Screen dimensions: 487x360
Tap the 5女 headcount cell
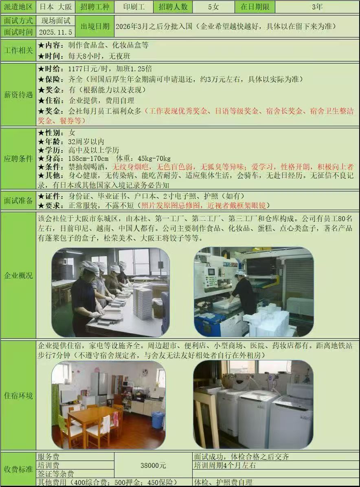(213, 7)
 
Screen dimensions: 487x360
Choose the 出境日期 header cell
(95, 26)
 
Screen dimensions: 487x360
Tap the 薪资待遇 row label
(18, 95)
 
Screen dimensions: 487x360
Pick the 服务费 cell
(48, 457)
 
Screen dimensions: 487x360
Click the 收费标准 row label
(18, 469)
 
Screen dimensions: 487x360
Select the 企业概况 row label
(18, 276)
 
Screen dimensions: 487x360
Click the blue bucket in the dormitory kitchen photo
(158, 420)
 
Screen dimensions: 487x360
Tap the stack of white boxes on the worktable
(143, 301)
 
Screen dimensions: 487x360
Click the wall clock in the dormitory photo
(145, 372)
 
